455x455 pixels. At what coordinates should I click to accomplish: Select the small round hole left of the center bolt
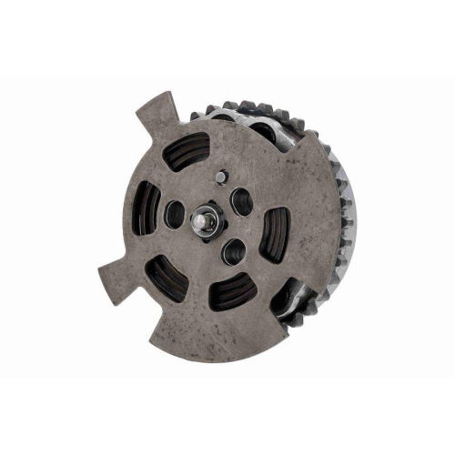(175, 215)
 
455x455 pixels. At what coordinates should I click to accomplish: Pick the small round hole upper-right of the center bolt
(241, 201)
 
